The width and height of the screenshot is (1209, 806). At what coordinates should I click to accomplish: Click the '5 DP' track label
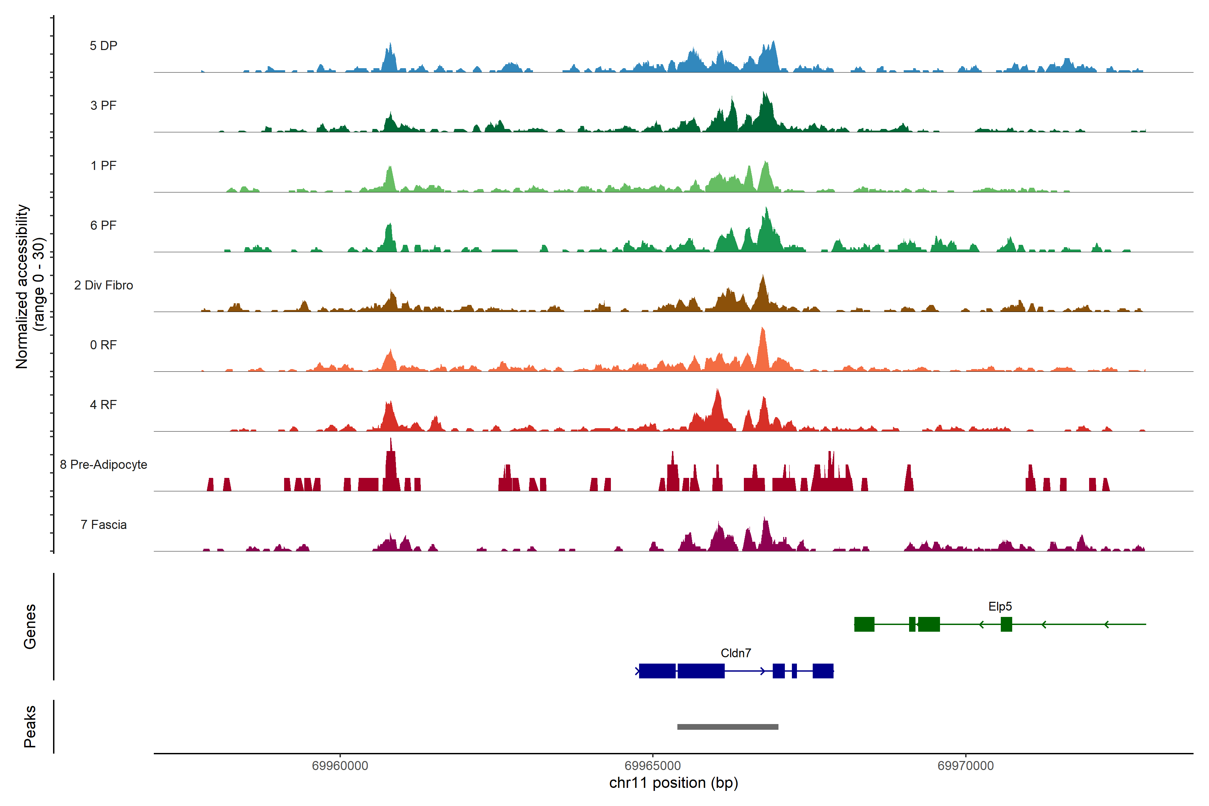[103, 46]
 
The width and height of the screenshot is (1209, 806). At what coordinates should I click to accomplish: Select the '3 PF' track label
[103, 105]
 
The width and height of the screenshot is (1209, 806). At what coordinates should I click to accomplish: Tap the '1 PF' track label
[103, 166]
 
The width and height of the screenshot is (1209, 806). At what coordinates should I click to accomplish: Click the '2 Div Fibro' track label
[103, 285]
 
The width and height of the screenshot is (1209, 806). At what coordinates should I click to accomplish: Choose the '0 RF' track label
[103, 345]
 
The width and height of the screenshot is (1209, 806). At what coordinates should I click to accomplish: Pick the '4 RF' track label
[103, 405]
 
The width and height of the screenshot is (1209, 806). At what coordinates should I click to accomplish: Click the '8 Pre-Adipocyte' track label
[103, 465]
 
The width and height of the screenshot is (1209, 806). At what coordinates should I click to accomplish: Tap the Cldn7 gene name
[735, 653]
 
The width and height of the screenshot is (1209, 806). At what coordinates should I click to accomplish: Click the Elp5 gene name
[1000, 607]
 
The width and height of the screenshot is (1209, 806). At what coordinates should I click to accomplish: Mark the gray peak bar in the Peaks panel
[727, 727]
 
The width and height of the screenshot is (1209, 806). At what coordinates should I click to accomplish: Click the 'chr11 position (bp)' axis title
[673, 783]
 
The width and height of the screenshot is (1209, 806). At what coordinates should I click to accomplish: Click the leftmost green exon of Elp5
[864, 624]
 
